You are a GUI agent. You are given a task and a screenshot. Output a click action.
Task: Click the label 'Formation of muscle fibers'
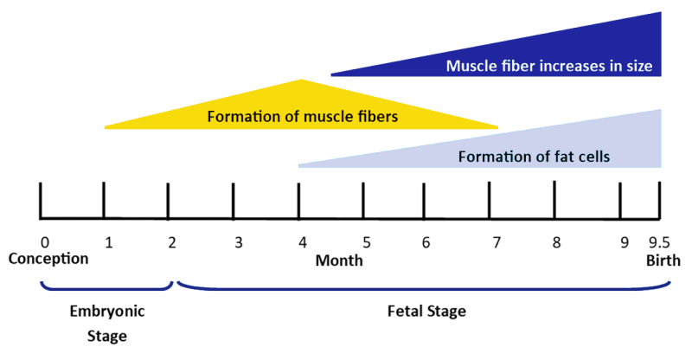(303, 116)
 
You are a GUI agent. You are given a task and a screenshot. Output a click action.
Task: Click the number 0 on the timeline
(44, 242)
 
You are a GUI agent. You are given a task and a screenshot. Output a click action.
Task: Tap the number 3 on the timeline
(238, 242)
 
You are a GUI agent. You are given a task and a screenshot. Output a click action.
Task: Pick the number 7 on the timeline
(496, 242)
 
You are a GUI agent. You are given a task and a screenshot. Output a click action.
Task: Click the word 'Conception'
(48, 259)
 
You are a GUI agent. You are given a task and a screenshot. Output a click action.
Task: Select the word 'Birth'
(663, 259)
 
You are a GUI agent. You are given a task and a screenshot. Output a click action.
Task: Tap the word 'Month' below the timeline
(338, 260)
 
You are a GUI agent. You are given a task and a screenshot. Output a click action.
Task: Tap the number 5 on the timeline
(367, 242)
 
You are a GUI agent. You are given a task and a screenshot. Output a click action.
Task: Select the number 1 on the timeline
(108, 242)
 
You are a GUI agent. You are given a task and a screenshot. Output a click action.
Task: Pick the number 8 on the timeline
(556, 242)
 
